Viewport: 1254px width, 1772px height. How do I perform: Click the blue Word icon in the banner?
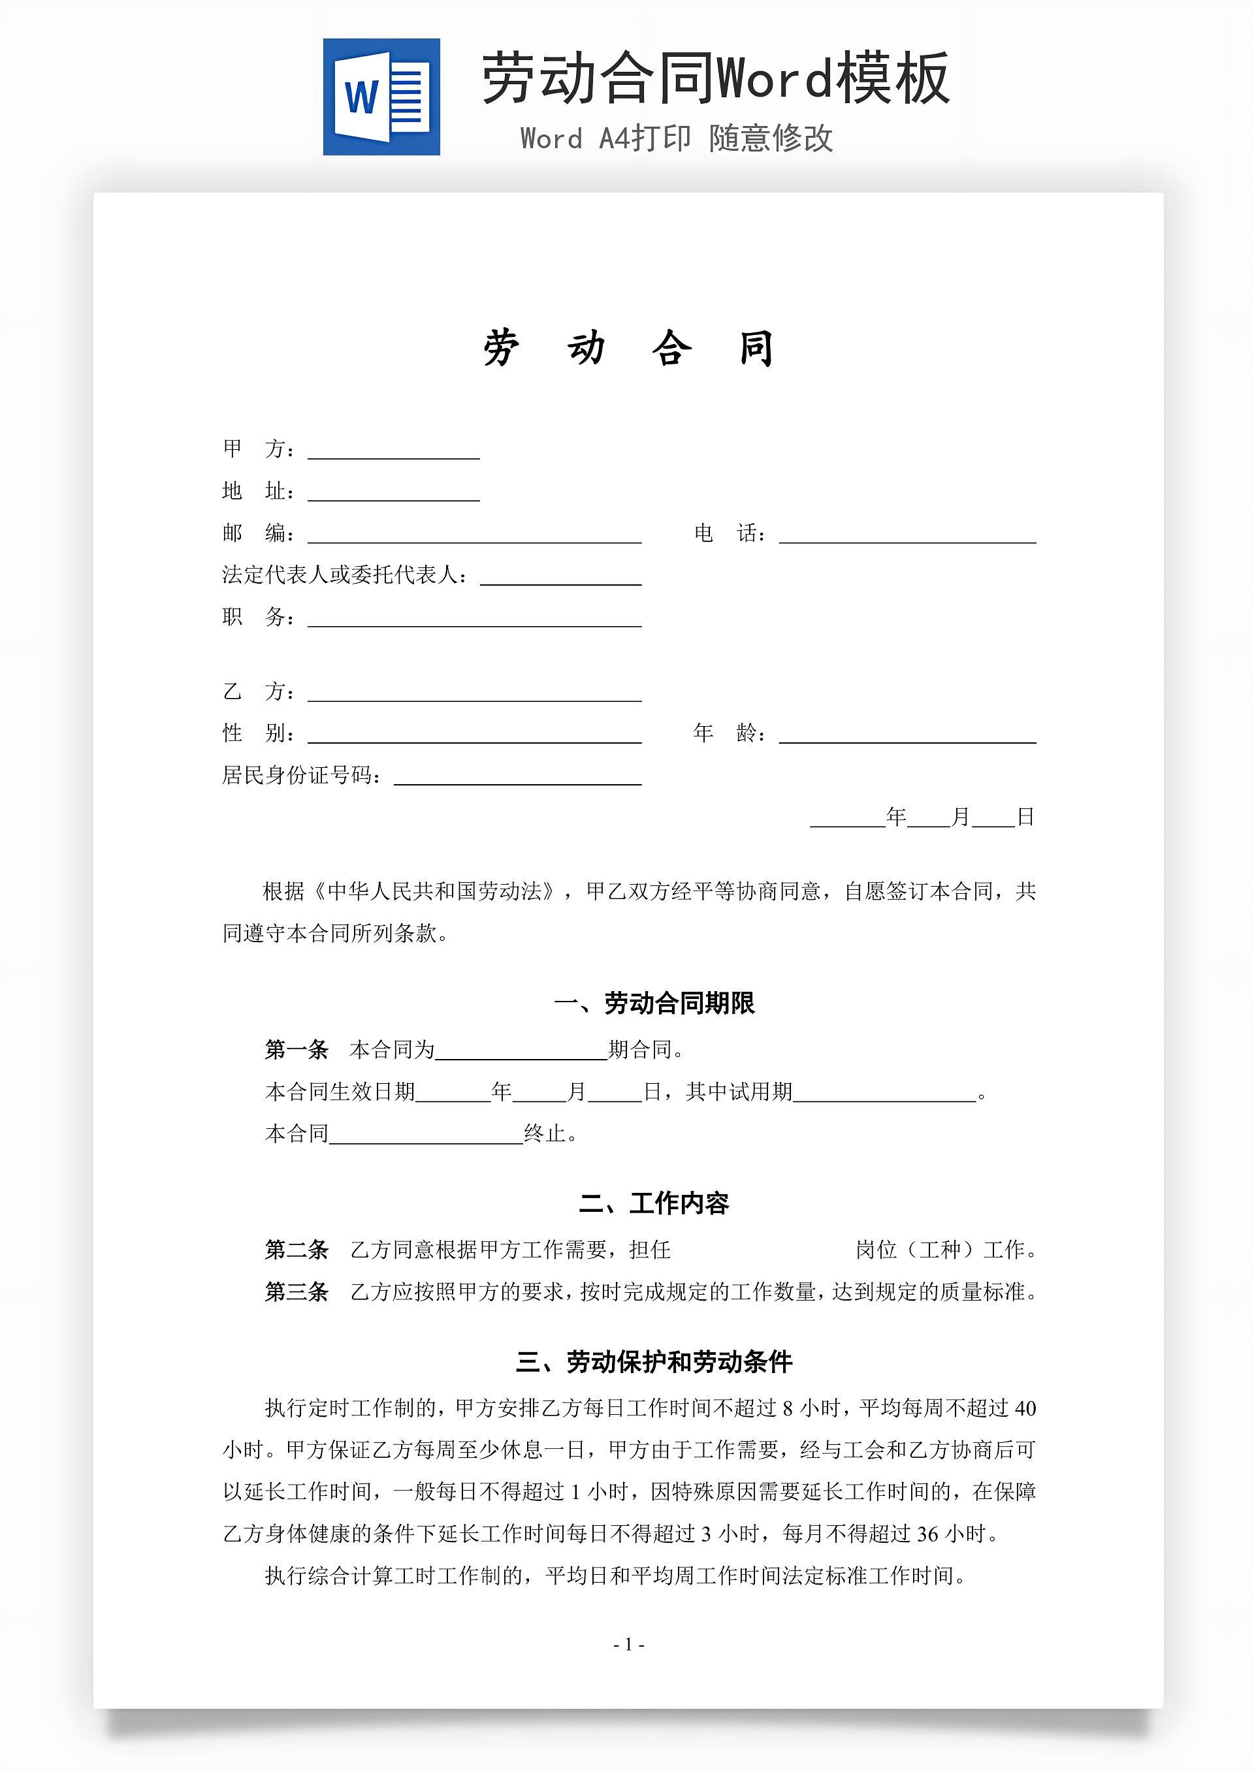[x=381, y=97]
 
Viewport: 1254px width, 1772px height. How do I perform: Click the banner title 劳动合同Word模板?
[x=715, y=79]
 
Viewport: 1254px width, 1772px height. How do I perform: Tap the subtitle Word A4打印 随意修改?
[x=677, y=139]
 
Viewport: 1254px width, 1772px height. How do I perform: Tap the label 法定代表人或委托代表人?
[x=344, y=575]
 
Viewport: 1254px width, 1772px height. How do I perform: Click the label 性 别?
[x=258, y=733]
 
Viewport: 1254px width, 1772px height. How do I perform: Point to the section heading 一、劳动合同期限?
[x=654, y=1004]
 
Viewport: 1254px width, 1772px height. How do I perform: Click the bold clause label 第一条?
[x=297, y=1050]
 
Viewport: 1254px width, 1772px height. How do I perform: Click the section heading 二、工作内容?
[x=654, y=1203]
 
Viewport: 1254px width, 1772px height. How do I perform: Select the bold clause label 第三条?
[x=297, y=1292]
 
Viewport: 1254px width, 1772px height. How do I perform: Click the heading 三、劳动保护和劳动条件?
[x=654, y=1362]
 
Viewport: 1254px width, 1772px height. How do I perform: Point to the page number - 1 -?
[x=628, y=1645]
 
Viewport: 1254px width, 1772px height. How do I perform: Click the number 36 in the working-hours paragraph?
[x=927, y=1534]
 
